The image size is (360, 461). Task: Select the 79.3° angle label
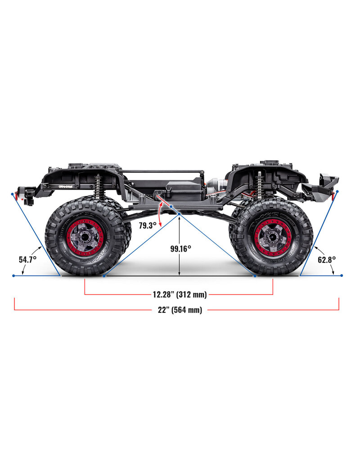point(148,226)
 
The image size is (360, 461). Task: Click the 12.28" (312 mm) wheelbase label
point(179,294)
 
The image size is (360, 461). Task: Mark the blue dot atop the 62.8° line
point(337,191)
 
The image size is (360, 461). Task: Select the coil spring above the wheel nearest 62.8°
point(259,185)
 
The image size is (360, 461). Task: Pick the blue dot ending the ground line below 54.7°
point(13,276)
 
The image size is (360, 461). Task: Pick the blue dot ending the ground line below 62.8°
point(342,275)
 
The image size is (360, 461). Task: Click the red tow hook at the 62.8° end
point(333,193)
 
